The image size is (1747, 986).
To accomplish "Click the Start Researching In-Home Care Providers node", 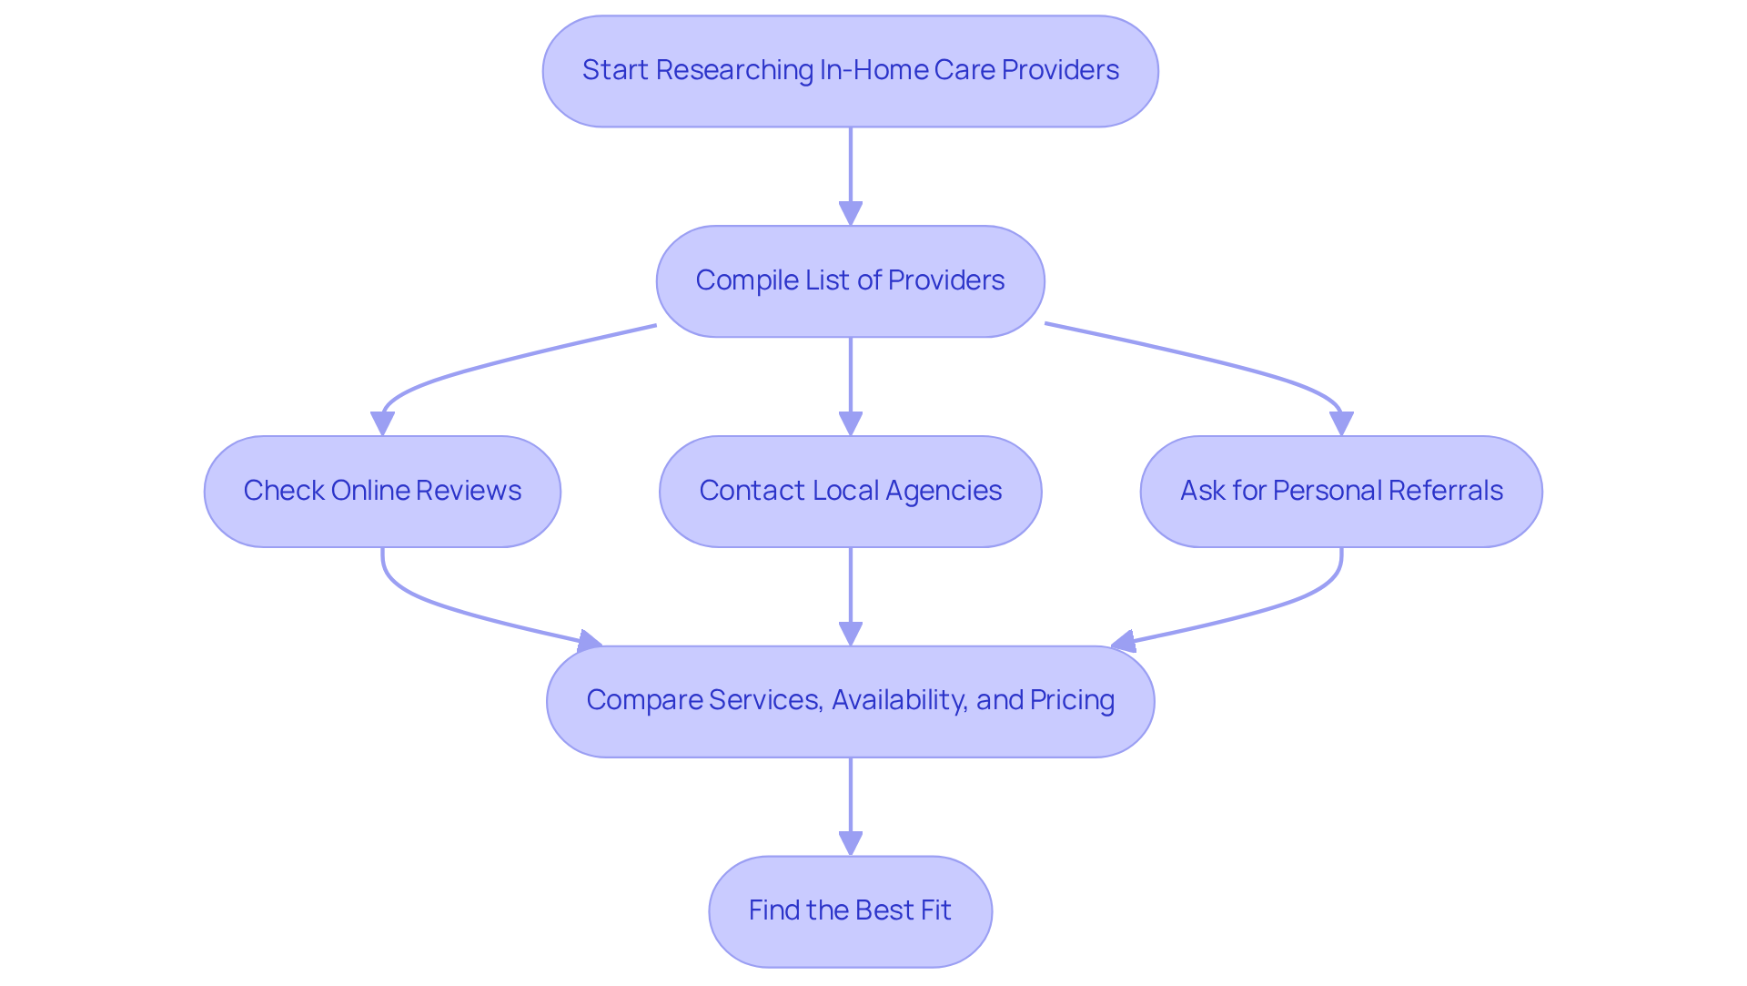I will point(850,71).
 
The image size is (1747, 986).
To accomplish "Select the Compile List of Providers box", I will point(850,280).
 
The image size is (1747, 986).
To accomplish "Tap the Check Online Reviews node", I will point(382,491).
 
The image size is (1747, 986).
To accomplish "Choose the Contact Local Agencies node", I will point(850,491).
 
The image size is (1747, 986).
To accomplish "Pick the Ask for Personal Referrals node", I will point(1340,491).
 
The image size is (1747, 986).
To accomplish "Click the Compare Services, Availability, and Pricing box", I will point(850,701).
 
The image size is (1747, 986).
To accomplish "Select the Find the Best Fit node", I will point(850,910).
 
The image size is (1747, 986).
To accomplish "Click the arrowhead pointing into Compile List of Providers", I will point(850,214).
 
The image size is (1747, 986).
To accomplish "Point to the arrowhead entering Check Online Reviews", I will point(382,423).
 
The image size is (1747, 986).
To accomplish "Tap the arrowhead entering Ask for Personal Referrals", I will point(1340,423).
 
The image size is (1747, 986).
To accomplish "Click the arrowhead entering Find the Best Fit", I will point(850,843).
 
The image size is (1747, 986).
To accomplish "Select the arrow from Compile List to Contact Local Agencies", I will point(850,382).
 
